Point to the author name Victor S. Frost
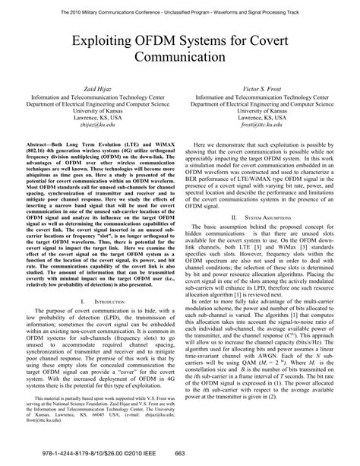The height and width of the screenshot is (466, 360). click(x=264, y=89)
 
